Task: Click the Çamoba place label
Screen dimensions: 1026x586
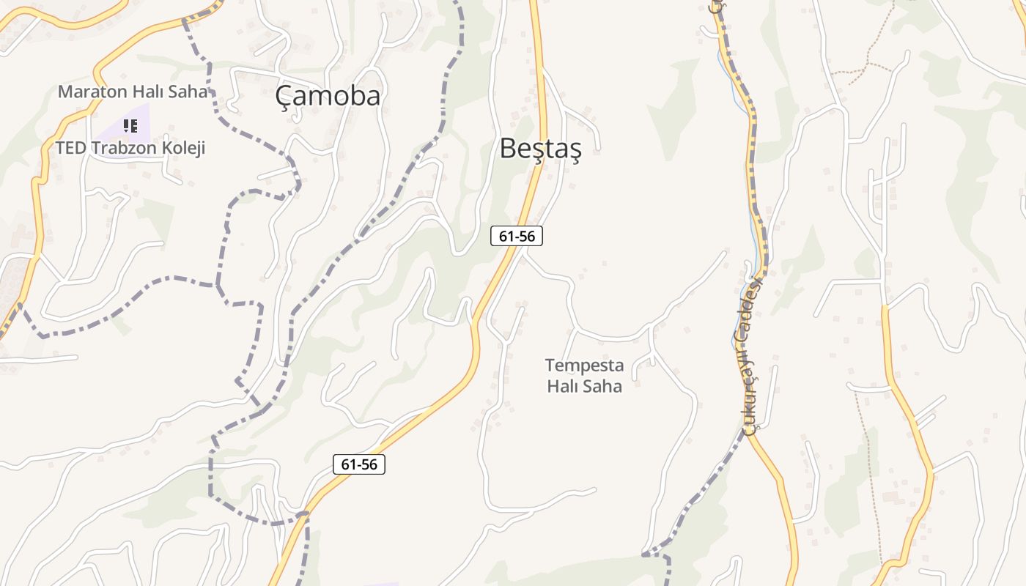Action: [328, 96]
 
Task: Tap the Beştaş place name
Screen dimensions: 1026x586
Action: [540, 148]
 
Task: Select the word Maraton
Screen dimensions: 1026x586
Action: [94, 92]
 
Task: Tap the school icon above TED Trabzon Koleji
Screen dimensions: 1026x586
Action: [130, 125]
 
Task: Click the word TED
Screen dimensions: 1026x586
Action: [70, 148]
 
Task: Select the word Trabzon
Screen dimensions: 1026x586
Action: [125, 148]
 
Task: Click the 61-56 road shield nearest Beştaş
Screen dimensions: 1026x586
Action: [517, 236]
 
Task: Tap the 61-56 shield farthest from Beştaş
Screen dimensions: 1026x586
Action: [359, 464]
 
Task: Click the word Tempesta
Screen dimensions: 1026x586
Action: [584, 365]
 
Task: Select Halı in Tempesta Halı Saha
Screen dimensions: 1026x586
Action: [562, 386]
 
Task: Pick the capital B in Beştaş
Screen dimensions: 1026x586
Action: [508, 148]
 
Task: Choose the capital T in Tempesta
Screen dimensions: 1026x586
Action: [550, 365]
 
